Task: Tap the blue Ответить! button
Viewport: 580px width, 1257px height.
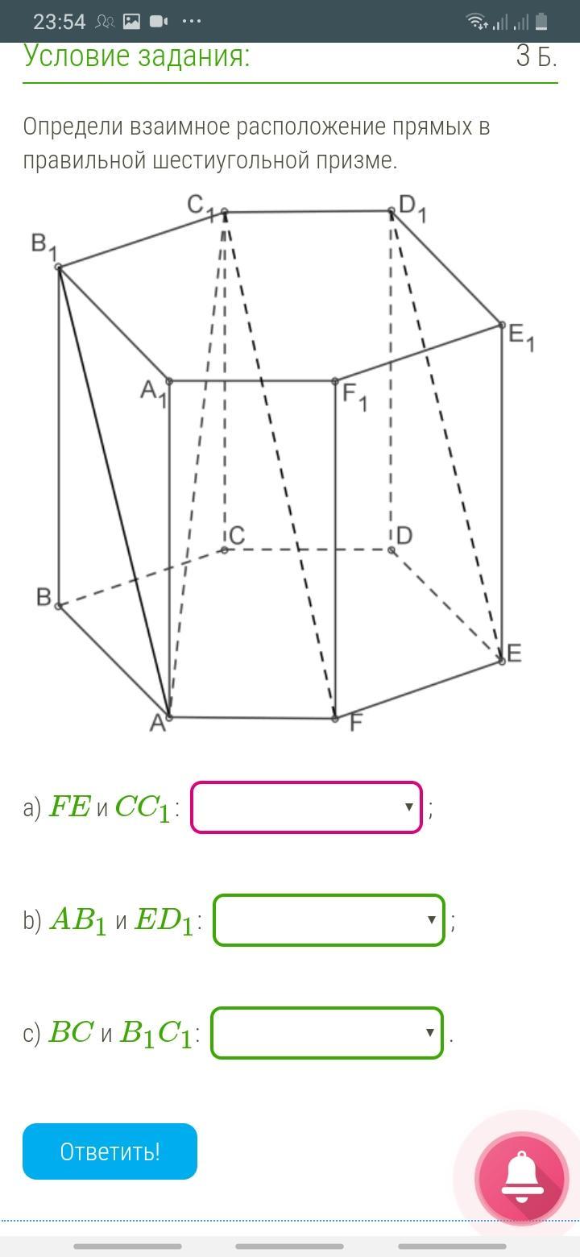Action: click(x=110, y=1151)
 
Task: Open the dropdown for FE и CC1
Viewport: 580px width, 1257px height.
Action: click(x=306, y=807)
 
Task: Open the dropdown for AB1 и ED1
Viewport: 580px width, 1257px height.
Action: click(x=329, y=919)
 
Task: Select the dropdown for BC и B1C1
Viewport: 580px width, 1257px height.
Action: click(x=327, y=1032)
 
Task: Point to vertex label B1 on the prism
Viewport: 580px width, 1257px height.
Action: click(x=42, y=245)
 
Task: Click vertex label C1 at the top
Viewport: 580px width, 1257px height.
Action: click(x=200, y=206)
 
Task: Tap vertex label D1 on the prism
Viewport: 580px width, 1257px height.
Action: click(x=412, y=208)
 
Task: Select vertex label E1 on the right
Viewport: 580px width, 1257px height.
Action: click(x=520, y=337)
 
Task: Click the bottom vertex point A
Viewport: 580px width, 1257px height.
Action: click(x=168, y=716)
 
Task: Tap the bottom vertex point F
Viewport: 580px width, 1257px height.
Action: click(x=335, y=718)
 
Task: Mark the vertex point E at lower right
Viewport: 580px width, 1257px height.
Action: click(x=502, y=660)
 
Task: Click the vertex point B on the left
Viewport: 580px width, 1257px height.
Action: click(x=59, y=605)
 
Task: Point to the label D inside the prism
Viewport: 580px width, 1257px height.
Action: click(x=404, y=536)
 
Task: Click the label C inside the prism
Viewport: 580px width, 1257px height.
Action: click(x=236, y=536)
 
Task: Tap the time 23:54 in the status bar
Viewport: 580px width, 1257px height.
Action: click(x=60, y=22)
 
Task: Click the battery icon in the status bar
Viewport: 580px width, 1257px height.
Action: click(x=541, y=22)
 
